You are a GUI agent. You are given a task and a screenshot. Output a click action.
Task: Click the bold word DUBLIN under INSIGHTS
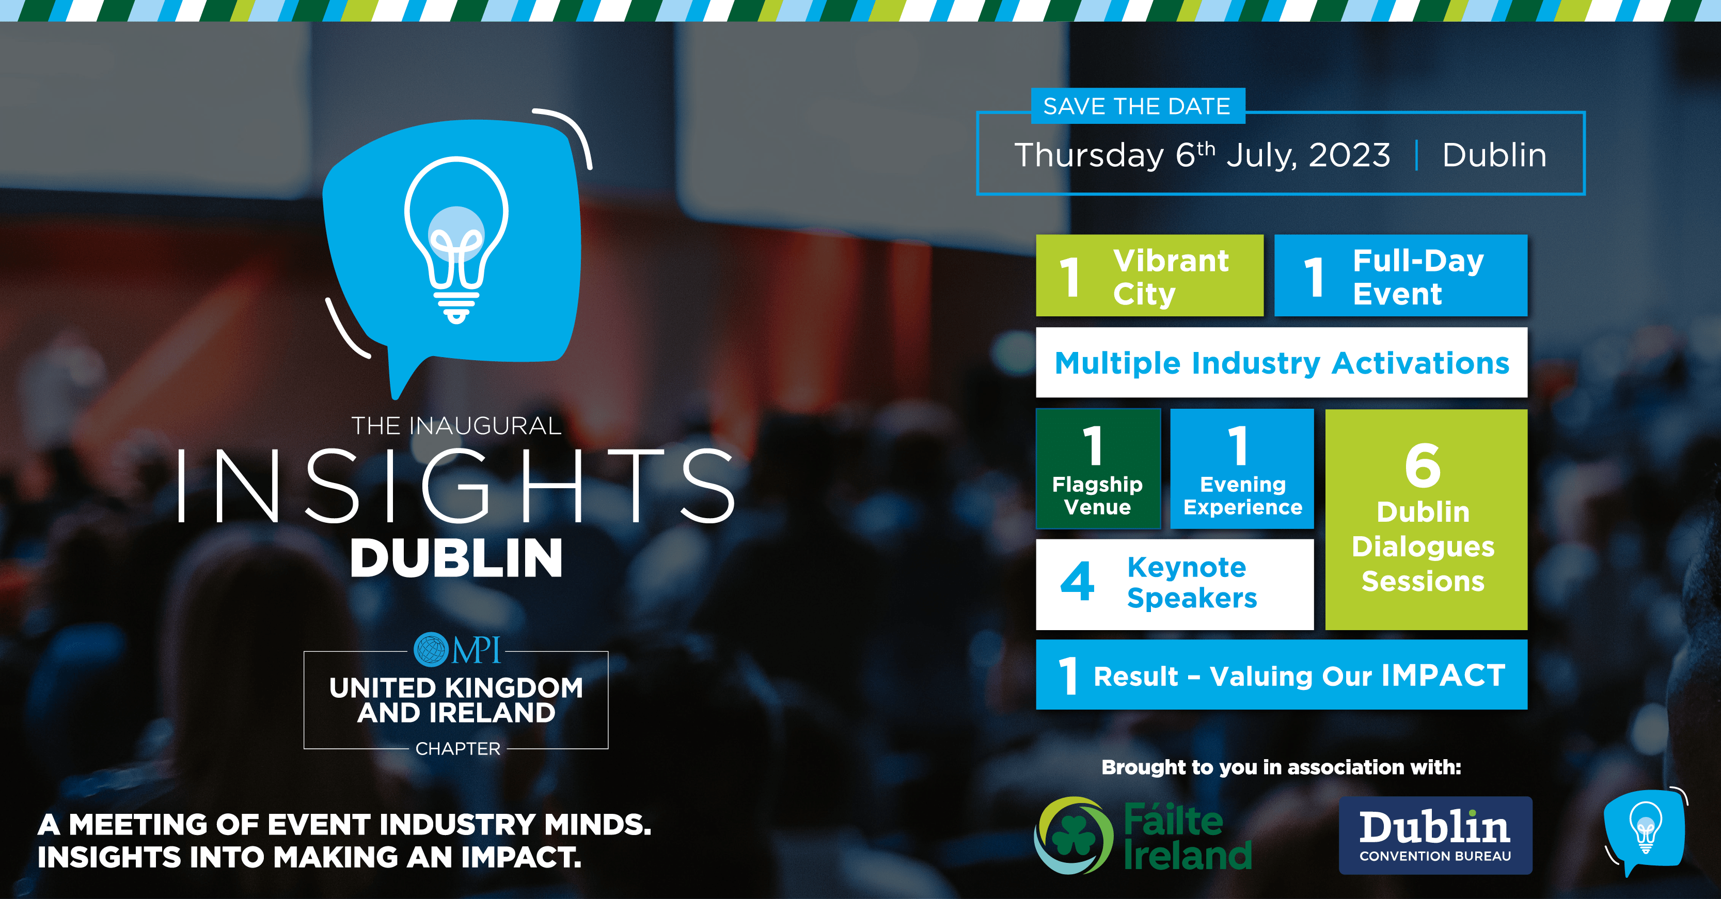point(456,558)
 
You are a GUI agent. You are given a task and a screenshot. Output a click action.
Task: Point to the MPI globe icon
point(432,649)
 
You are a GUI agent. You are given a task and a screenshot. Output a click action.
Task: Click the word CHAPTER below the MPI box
point(457,749)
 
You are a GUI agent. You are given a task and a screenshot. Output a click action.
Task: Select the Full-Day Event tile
point(1401,275)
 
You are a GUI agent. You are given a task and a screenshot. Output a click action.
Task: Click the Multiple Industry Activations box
point(1282,363)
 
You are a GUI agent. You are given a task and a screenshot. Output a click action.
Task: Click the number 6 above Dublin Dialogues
point(1423,465)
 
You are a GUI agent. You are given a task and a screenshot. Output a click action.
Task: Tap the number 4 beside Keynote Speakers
point(1077,581)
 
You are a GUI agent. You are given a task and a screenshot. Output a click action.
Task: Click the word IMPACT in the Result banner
point(1443,675)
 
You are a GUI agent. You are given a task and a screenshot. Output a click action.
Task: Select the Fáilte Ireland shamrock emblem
point(1073,835)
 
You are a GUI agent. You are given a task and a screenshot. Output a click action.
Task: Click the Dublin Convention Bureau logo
point(1435,835)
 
